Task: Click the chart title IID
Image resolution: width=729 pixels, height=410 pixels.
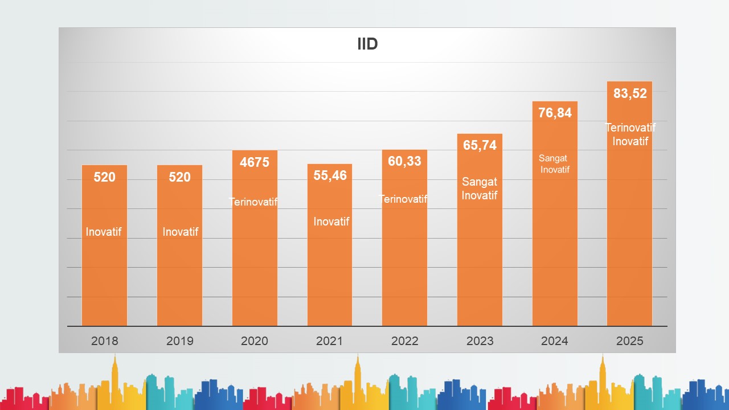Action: click(367, 44)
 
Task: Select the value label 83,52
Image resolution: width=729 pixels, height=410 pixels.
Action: click(630, 94)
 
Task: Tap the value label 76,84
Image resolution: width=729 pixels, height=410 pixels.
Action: click(555, 113)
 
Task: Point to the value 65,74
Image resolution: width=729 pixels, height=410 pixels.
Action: click(480, 145)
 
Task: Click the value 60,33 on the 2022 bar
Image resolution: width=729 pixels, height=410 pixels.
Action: click(404, 161)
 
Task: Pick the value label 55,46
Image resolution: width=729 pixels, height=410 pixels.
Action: click(330, 175)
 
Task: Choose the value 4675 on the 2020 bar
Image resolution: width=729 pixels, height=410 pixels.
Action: click(255, 162)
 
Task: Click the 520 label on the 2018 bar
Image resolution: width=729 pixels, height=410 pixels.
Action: click(104, 177)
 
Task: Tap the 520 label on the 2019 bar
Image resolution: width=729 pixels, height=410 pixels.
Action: click(179, 177)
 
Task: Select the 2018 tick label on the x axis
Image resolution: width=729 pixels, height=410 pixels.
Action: click(105, 341)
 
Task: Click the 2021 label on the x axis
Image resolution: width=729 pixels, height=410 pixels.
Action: click(330, 341)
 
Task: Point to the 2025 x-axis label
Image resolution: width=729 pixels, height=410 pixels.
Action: click(630, 341)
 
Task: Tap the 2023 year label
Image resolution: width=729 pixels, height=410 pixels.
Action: click(480, 341)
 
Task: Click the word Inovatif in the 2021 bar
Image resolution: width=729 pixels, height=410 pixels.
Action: click(331, 222)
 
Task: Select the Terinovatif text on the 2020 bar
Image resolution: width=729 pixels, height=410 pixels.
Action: click(253, 202)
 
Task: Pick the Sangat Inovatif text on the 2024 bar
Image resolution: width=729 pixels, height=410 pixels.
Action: click(554, 164)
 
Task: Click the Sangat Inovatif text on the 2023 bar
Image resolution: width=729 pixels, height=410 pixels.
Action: click(480, 188)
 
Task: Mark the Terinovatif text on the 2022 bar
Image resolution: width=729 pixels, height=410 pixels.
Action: click(404, 199)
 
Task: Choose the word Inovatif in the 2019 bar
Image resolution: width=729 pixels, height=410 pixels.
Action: click(181, 232)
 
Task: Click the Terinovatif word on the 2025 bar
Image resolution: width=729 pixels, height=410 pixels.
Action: click(630, 128)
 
